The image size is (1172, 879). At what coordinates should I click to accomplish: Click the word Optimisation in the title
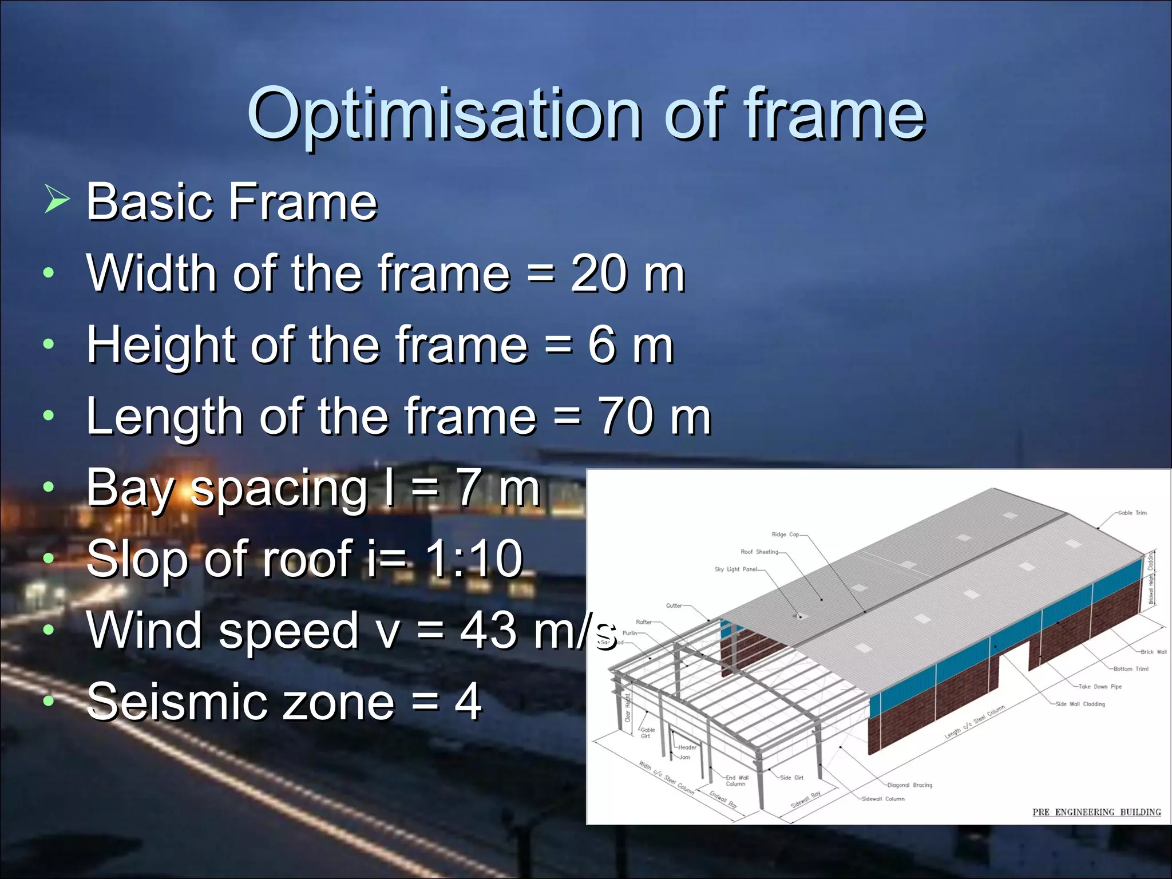click(444, 114)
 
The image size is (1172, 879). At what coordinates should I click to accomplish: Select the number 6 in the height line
click(601, 345)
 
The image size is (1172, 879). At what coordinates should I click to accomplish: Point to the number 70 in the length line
click(624, 417)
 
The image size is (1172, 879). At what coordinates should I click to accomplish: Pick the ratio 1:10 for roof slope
click(475, 559)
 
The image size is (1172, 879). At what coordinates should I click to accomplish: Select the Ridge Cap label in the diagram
click(785, 534)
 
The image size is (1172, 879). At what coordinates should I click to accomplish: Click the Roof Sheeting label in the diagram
click(759, 552)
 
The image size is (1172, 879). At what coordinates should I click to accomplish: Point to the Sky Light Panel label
click(735, 569)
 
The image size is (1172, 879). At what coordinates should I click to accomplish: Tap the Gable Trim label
click(1132, 513)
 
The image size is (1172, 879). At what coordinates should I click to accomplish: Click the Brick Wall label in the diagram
click(1153, 652)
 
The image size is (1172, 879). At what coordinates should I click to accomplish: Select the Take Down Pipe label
click(1099, 686)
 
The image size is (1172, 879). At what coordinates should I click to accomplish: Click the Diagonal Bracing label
click(909, 785)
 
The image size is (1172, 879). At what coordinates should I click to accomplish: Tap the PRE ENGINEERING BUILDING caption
click(1096, 812)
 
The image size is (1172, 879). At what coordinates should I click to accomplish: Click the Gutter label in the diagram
click(674, 605)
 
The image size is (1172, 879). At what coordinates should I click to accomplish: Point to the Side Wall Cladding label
click(1080, 704)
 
